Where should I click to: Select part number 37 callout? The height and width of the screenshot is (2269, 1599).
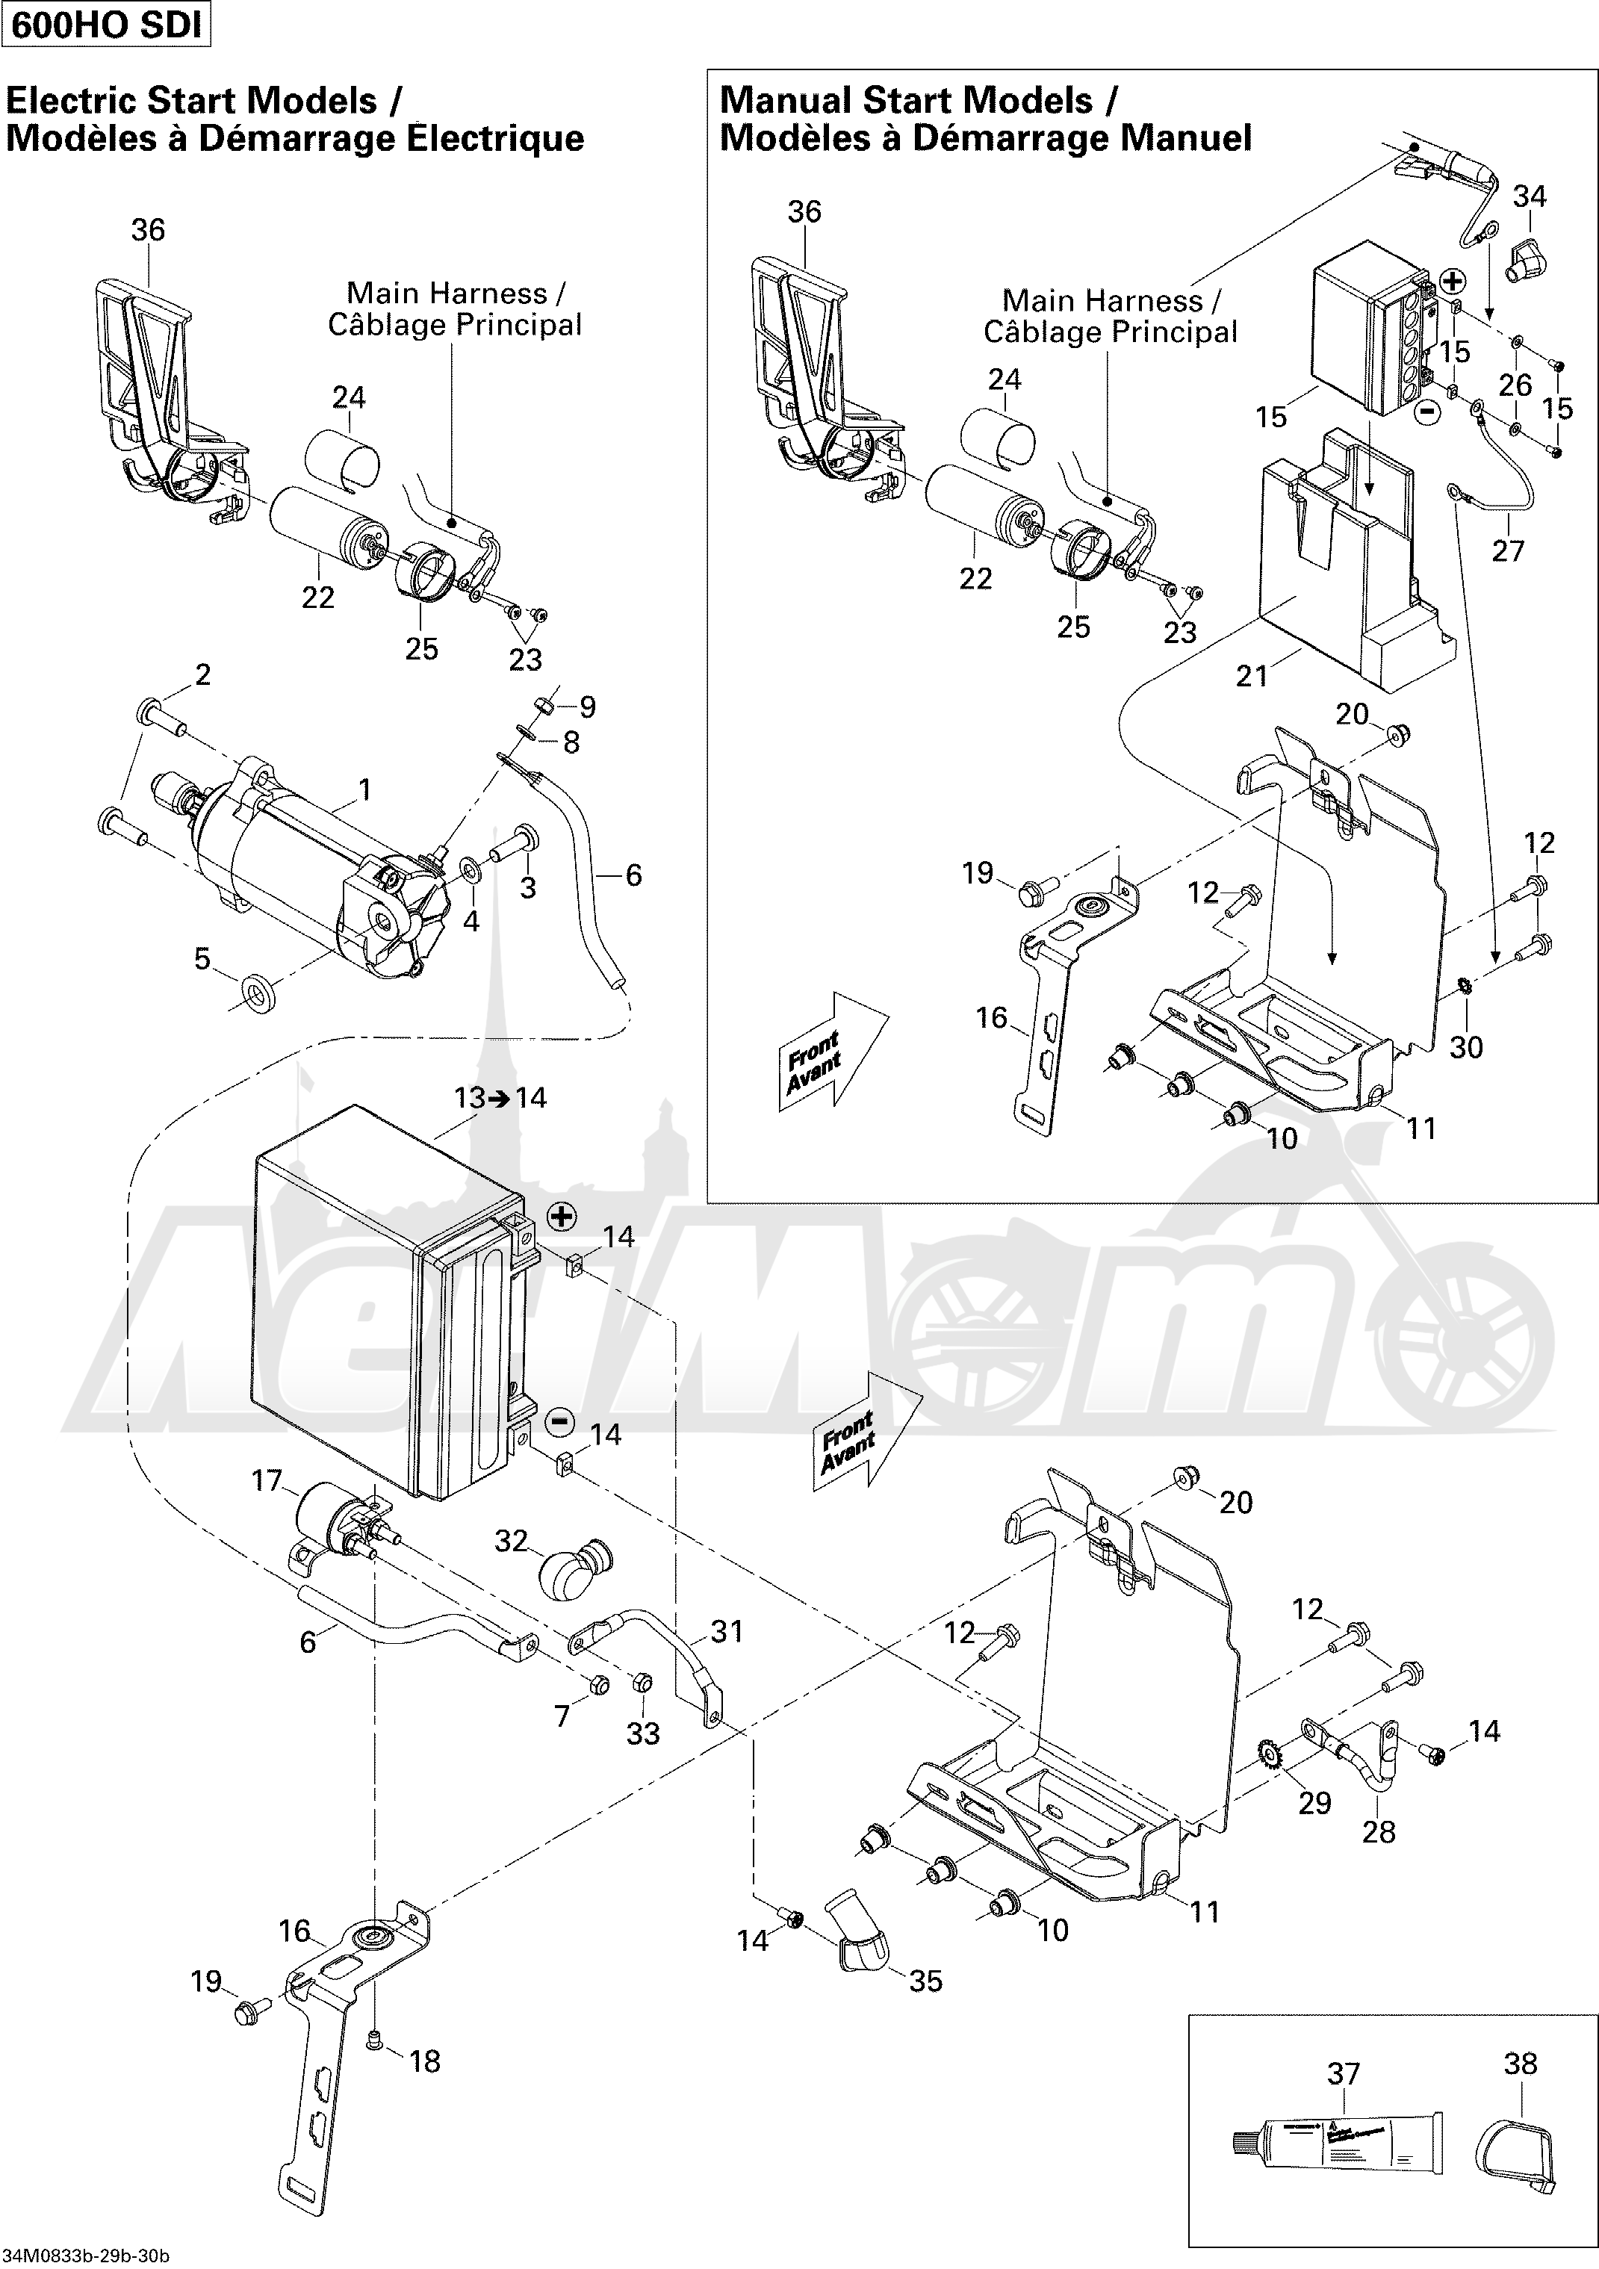[1343, 2073]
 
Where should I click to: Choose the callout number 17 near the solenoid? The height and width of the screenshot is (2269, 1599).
[267, 1480]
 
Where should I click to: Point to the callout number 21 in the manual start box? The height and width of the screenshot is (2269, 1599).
[1251, 676]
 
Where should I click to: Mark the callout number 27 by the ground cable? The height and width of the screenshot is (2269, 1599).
[1508, 550]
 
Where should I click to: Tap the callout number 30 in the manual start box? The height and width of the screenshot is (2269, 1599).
[1465, 1046]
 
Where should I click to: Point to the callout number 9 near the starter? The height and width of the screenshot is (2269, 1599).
[587, 707]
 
